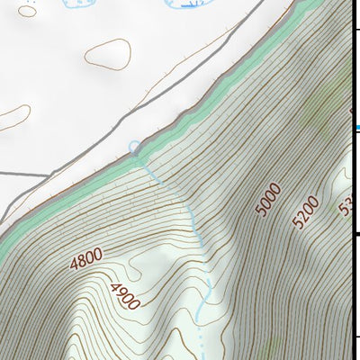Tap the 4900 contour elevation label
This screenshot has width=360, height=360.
[x=123, y=296]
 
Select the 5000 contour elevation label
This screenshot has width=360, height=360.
[x=268, y=199]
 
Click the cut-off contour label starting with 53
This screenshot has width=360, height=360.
[x=345, y=204]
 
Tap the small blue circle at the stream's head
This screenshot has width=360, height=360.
[x=135, y=146]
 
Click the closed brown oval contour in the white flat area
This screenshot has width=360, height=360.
[x=108, y=53]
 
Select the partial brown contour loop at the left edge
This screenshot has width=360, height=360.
[x=13, y=116]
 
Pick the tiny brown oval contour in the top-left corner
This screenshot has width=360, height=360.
[x=28, y=11]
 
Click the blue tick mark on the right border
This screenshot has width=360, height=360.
[x=356, y=128]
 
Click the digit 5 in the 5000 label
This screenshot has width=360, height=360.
[x=261, y=210]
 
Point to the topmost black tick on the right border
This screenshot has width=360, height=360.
[x=356, y=32]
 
